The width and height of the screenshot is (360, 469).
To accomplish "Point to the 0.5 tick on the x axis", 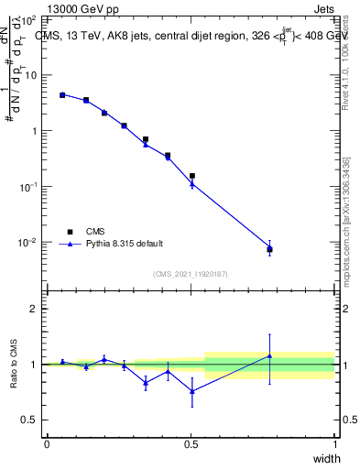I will point(191,443).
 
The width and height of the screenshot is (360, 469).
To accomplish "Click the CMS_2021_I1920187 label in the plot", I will point(190,273).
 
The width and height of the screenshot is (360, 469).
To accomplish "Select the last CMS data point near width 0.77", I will point(269,249).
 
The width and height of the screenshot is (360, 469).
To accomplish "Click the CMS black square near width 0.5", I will point(191,176).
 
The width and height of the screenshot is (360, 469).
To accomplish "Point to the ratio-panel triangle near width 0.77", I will point(269,355).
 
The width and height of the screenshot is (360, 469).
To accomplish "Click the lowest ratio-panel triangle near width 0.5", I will point(191,391).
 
